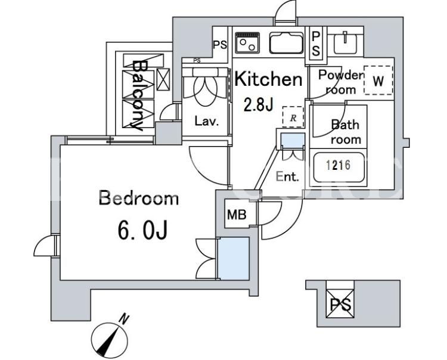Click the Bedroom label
click(139, 198)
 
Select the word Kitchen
click(268, 79)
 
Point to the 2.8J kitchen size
click(258, 105)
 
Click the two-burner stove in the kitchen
click(247, 42)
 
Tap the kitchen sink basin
click(286, 43)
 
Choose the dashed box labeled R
click(293, 117)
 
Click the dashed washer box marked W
click(378, 80)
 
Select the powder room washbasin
click(345, 42)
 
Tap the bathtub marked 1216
click(339, 167)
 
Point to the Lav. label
click(207, 121)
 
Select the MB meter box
click(237, 215)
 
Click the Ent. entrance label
click(287, 177)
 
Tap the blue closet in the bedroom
click(233, 258)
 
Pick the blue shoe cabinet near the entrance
click(293, 141)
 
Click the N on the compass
click(124, 319)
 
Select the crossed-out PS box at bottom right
click(340, 303)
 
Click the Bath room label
click(346, 132)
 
